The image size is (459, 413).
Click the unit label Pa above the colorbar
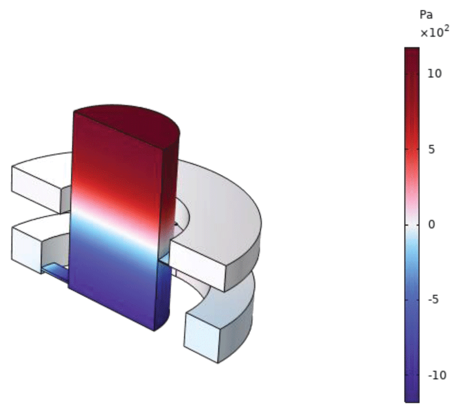[426, 14]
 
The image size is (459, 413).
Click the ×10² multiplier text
[435, 32]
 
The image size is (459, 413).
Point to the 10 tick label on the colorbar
[434, 74]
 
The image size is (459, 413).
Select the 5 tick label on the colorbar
[431, 150]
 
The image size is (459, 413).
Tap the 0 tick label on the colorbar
[431, 225]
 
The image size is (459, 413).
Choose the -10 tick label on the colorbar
[437, 375]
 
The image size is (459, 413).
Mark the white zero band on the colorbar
[412, 225]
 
